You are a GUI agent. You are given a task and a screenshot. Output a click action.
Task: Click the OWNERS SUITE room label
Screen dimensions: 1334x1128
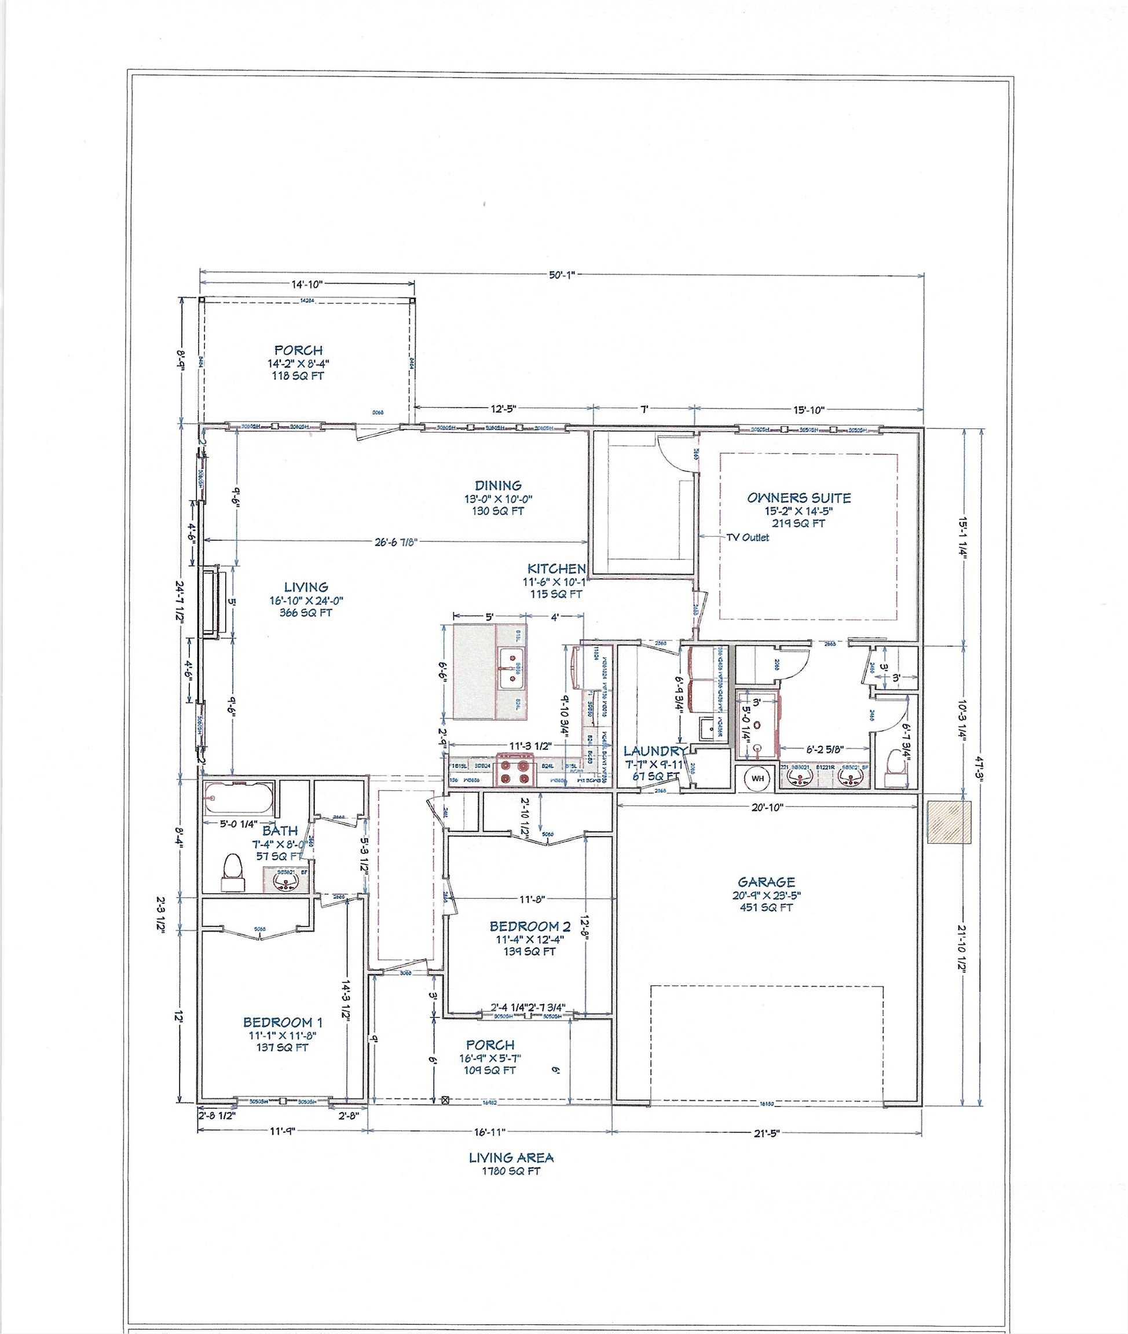(x=799, y=497)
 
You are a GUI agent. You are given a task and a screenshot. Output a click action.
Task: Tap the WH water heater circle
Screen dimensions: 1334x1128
(x=758, y=778)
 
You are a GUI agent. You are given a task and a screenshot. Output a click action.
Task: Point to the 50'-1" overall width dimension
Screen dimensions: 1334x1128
(x=562, y=275)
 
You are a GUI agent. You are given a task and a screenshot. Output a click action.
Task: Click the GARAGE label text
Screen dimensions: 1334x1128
(x=766, y=882)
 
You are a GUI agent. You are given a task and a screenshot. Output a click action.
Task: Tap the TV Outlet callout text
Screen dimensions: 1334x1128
(x=748, y=537)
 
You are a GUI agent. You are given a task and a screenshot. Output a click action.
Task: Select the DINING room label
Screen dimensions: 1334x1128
(x=498, y=485)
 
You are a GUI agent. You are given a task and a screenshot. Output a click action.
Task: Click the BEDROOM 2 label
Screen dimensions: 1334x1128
(x=529, y=926)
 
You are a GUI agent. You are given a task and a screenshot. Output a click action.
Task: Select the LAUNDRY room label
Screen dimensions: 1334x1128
(x=654, y=751)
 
